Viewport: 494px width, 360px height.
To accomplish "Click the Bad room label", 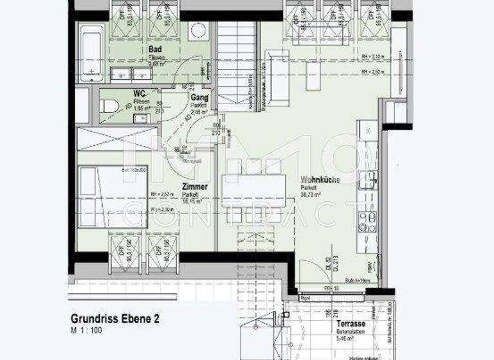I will (x=154, y=49).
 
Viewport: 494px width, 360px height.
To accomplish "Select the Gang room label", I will (x=197, y=97).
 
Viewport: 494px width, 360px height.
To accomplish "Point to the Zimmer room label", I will (x=194, y=186).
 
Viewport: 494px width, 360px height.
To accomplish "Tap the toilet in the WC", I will (x=111, y=105).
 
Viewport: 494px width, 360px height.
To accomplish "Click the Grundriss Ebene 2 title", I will (x=115, y=318).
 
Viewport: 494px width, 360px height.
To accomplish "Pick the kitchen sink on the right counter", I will (x=370, y=179).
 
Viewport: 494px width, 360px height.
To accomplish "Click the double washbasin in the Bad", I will (x=131, y=74).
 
